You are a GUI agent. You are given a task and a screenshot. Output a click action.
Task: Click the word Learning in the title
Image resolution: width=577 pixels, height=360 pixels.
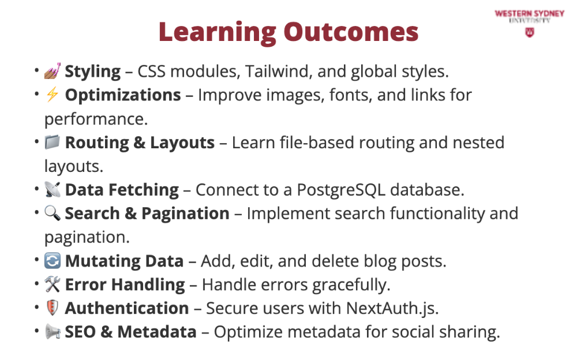point(218,33)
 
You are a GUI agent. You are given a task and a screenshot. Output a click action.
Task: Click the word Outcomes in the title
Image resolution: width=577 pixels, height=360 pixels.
point(351,32)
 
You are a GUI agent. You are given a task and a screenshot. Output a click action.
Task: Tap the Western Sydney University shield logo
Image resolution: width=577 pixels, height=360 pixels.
point(529,32)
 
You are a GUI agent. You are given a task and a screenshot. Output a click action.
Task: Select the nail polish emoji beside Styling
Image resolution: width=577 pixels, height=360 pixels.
point(53,71)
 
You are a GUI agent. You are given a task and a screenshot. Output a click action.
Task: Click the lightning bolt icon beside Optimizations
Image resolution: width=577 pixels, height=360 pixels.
point(53,94)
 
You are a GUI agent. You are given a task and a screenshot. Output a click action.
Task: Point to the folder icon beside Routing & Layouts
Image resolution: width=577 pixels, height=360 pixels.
point(53,142)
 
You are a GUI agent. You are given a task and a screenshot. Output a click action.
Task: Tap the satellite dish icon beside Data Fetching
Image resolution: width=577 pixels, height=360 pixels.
point(53,189)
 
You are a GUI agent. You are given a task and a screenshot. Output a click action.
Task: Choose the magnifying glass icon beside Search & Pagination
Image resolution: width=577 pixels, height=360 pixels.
point(53,213)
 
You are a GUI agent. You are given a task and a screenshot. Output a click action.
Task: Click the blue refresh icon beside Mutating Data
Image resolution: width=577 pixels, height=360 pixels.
point(53,261)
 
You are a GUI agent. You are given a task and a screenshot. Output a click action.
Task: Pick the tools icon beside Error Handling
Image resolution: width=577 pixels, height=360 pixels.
point(53,284)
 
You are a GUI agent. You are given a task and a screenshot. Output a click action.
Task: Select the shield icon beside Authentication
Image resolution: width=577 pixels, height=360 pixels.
point(53,307)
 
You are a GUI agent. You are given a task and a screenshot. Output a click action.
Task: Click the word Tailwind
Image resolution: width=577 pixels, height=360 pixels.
point(279,71)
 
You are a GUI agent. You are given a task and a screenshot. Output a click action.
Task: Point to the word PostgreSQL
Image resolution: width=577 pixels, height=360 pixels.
point(341,190)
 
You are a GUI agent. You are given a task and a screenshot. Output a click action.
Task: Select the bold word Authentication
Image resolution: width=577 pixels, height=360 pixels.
point(127,308)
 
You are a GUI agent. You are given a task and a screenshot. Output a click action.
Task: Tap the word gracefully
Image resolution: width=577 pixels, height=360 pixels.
point(351,285)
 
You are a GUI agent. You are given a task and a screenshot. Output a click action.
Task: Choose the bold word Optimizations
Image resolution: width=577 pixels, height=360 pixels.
point(123,95)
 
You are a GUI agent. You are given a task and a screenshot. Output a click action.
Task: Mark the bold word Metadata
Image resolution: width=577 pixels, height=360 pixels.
point(157,332)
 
